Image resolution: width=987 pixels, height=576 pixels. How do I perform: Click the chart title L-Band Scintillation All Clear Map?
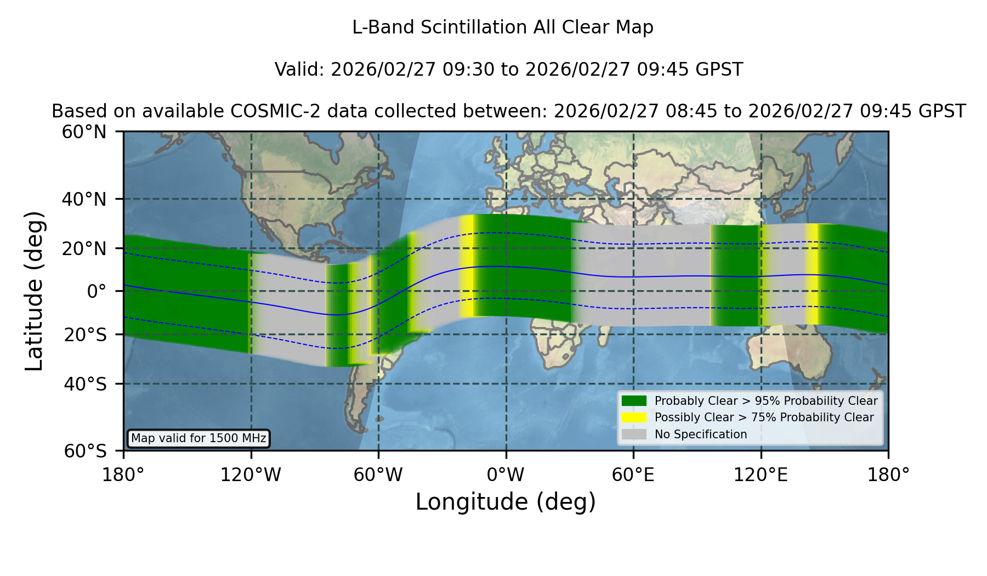coord(503,27)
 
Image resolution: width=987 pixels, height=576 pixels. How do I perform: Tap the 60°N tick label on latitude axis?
coord(84,132)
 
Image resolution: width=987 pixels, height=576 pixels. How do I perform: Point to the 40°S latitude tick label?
coord(86,384)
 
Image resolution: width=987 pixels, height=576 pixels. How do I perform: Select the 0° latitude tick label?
coord(97,291)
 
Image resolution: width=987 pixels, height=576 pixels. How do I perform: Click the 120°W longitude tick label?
coord(251,475)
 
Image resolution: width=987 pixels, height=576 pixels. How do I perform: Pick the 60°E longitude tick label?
coord(633,475)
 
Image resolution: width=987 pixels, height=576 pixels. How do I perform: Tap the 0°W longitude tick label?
coord(506,475)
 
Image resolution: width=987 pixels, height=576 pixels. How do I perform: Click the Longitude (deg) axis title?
coord(506,502)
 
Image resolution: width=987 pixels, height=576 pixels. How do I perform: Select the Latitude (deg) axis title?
coord(34,291)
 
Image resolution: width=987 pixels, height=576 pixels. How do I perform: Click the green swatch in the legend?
coord(634,400)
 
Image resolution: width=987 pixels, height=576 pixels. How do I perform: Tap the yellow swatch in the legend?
coord(634,417)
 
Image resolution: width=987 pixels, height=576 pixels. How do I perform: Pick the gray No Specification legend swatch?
coord(634,434)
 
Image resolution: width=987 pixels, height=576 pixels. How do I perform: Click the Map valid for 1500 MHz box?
coord(198,438)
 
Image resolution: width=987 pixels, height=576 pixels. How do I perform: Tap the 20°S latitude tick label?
coord(86,335)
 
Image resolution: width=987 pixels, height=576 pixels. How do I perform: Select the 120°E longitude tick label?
coord(761,475)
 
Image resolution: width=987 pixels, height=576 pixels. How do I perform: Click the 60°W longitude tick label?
coord(378,475)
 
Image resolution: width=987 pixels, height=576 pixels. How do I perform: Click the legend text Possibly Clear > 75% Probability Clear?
coord(764,417)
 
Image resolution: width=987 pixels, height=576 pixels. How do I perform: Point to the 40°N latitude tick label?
coord(84,199)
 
